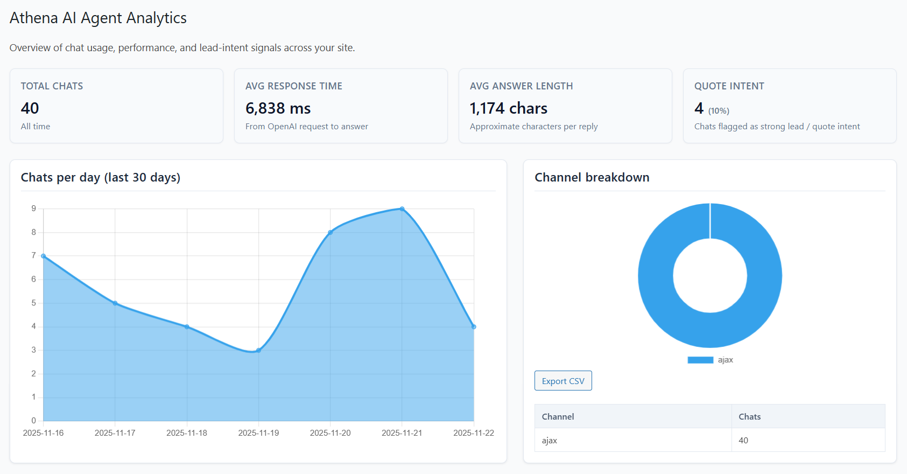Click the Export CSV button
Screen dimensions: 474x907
[x=563, y=381]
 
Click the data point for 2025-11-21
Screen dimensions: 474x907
[x=402, y=209]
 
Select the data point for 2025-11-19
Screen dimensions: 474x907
[x=258, y=350]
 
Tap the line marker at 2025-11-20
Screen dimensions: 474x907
[x=331, y=232]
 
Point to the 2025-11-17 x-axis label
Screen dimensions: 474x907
[x=115, y=433]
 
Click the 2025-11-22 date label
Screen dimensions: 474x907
[x=473, y=433]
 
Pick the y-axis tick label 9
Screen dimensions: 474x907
[x=34, y=208]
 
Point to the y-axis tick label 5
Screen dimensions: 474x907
[x=34, y=303]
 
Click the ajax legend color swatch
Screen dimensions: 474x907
[x=700, y=360]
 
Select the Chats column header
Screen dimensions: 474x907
[x=749, y=416]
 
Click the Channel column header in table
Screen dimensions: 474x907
[x=558, y=416]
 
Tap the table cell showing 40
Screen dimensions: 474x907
[x=743, y=440]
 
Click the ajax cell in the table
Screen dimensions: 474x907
[x=549, y=440]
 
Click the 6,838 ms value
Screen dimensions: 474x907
[x=278, y=108]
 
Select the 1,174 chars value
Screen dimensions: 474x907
[x=508, y=108]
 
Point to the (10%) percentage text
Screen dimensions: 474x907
[x=719, y=111]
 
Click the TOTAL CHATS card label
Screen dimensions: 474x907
[x=52, y=86]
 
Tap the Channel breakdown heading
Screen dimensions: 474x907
[x=592, y=177]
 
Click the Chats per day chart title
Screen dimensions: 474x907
[x=100, y=177]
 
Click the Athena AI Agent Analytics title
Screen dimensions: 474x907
[x=98, y=18]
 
